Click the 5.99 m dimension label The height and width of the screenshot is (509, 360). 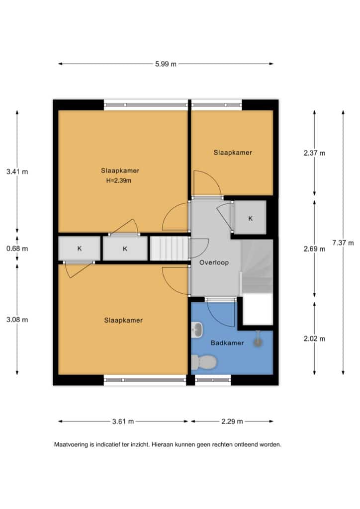[166, 64]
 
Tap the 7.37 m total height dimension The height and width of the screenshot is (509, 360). [343, 243]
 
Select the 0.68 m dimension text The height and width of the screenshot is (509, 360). [17, 249]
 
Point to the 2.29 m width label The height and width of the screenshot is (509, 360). [232, 422]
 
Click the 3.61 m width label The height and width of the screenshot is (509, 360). [123, 422]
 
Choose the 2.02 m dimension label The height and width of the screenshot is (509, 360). [314, 339]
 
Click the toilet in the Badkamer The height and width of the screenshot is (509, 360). [203, 362]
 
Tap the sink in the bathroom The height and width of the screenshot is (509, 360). [197, 330]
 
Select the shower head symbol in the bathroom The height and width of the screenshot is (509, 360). [258, 339]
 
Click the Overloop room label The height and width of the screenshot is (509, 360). [214, 262]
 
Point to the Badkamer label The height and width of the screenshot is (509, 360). [227, 343]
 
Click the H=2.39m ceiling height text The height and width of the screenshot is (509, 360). [119, 180]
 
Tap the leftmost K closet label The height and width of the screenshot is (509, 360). [80, 249]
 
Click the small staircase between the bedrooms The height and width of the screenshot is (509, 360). [169, 249]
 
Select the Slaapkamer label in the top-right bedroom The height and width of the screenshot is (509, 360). [233, 152]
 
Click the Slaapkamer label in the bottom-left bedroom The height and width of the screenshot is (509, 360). [123, 320]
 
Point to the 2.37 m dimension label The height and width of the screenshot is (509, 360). [314, 153]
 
